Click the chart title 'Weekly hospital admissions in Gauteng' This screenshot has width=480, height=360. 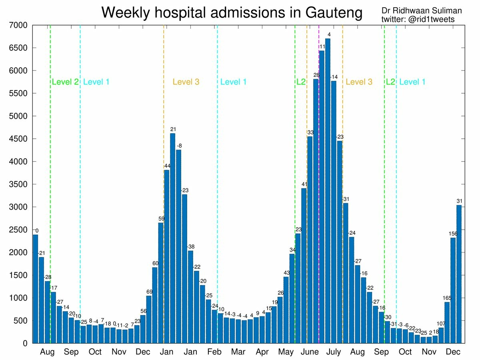(x=232, y=13)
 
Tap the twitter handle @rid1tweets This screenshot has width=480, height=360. (x=418, y=19)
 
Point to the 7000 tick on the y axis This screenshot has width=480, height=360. (x=18, y=26)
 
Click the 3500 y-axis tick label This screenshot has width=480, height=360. (x=18, y=184)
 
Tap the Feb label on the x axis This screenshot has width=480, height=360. (x=214, y=352)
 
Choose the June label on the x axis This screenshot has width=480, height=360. (x=310, y=352)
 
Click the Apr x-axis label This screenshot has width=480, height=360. (x=262, y=352)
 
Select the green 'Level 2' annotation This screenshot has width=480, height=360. (x=65, y=82)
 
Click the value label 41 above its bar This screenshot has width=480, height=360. (x=304, y=184)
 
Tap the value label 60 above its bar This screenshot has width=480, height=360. (x=155, y=263)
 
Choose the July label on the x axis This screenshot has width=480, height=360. (x=334, y=352)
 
